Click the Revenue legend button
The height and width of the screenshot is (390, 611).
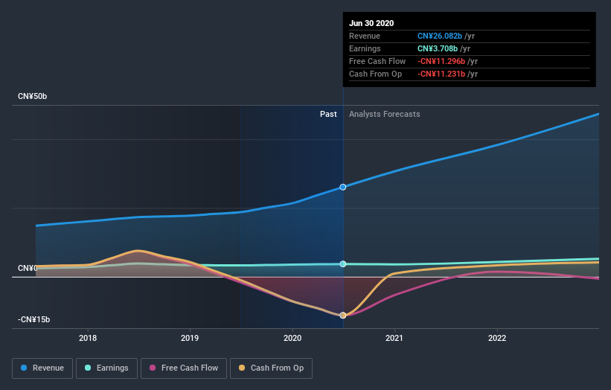tap(43, 368)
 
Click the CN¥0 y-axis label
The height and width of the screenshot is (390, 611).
tap(27, 268)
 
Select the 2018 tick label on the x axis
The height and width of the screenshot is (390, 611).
tap(88, 336)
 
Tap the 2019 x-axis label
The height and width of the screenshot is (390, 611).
tap(190, 336)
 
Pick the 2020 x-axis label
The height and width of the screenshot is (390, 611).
tap(292, 336)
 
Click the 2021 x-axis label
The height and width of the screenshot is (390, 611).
tap(394, 336)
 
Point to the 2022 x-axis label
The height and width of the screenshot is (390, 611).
tap(496, 336)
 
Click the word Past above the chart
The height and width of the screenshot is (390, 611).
tap(328, 114)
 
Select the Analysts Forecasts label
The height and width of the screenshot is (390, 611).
tap(384, 114)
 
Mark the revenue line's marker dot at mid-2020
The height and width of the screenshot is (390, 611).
tap(343, 187)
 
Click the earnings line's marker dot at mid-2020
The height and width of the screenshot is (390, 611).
tap(343, 263)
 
